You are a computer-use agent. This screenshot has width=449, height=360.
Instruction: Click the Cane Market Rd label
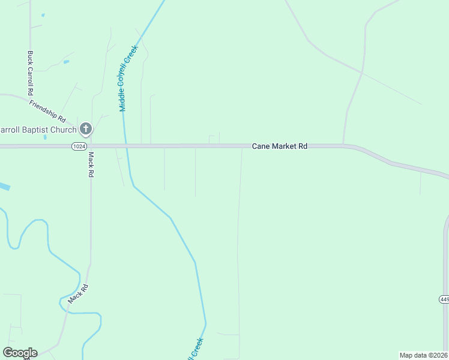point(279,146)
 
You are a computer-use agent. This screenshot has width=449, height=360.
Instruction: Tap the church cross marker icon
point(86,128)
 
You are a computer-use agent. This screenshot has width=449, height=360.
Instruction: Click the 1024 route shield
point(78,146)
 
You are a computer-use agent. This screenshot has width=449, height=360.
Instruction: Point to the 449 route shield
point(444,299)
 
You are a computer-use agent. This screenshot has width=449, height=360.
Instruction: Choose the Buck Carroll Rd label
point(30,73)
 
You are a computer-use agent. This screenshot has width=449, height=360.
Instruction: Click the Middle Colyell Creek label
point(128,79)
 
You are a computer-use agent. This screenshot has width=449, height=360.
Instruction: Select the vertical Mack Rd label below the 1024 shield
point(91,164)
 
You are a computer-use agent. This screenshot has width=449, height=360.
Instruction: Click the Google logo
point(20,352)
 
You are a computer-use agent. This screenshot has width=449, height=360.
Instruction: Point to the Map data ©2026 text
point(423,355)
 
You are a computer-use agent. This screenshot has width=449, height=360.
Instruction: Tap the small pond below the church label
point(45,137)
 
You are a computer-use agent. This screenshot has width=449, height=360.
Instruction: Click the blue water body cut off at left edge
point(4,187)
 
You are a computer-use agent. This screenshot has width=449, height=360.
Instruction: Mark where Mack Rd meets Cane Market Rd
point(91,146)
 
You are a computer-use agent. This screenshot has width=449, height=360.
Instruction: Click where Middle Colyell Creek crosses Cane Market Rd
point(125,146)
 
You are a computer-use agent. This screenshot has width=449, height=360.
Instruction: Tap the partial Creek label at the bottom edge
point(196,349)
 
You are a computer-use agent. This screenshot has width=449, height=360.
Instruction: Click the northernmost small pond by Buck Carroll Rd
point(43,14)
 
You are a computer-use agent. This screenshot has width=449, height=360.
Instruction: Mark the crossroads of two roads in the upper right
point(362,73)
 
